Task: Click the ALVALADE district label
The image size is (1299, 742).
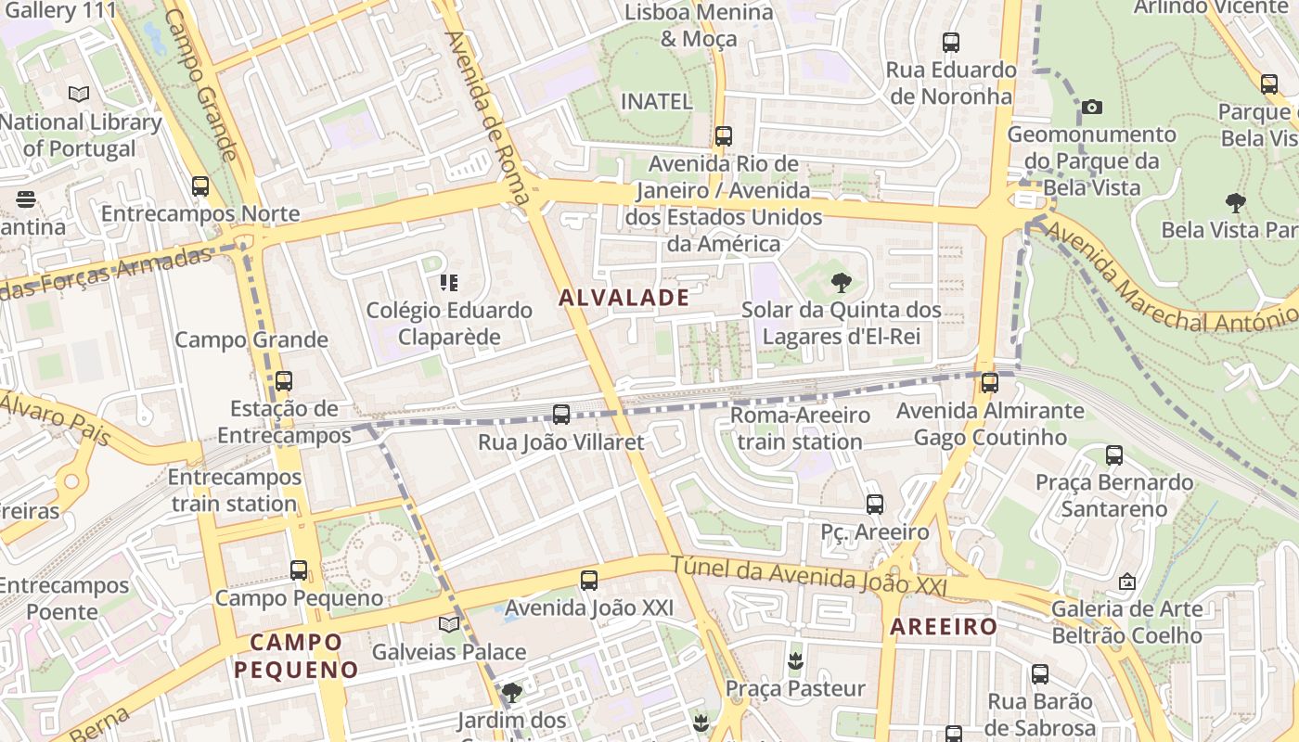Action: [x=624, y=298]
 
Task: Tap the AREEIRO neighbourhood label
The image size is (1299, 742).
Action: [x=943, y=627]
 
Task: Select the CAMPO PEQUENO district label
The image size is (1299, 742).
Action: [x=295, y=656]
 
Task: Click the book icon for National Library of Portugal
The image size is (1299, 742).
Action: [x=79, y=94]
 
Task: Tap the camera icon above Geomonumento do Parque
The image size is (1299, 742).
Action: [x=1092, y=107]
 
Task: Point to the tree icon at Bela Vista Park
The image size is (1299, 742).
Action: [x=1235, y=202]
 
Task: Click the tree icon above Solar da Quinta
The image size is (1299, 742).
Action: [x=841, y=282]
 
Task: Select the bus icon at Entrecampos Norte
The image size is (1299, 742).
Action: [x=200, y=185]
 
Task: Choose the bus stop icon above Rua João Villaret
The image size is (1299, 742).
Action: [x=561, y=414]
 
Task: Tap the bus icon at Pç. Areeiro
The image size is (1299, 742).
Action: [x=875, y=504]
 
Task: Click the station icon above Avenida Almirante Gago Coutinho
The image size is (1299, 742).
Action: [x=990, y=382]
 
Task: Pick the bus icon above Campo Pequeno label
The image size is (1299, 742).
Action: [x=299, y=569]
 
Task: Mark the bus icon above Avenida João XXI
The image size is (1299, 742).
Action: [x=589, y=581]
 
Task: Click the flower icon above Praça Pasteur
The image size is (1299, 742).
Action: [x=794, y=660]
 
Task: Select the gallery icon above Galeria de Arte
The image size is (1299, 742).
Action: [x=1127, y=582]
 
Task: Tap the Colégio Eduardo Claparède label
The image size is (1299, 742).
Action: [x=449, y=323]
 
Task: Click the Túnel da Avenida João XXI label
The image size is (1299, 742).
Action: [x=808, y=576]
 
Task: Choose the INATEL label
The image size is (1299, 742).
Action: [x=656, y=101]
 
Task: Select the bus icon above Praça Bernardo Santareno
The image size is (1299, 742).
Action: [x=1114, y=454]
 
